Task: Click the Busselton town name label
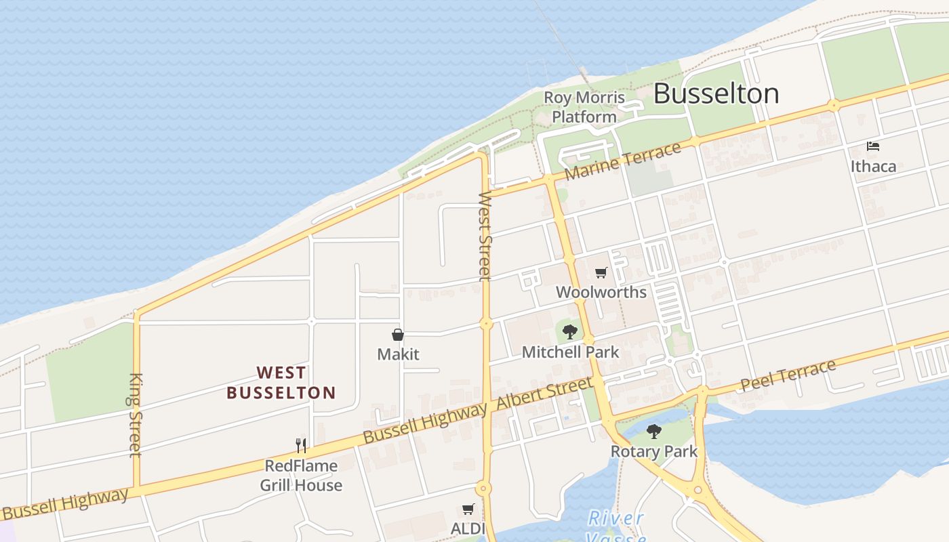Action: pos(716,93)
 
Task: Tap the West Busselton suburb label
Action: pos(281,383)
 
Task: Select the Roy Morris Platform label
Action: pos(584,107)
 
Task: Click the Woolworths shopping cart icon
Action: pos(601,273)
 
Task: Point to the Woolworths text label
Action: pos(601,292)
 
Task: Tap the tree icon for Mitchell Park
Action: pos(570,331)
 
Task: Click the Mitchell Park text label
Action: pos(570,352)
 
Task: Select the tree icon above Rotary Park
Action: pos(654,431)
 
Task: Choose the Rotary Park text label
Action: pos(654,451)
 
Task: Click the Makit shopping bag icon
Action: pos(398,335)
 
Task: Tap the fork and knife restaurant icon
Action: pos(301,445)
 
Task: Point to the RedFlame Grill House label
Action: pos(301,476)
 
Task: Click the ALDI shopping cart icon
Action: pos(468,509)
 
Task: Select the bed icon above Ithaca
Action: pos(873,146)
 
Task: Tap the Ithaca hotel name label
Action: pos(873,166)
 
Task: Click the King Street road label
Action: pos(136,415)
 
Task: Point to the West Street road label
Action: pos(484,236)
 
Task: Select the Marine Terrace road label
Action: pos(622,161)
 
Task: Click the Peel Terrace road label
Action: pos(788,375)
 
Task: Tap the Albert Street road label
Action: pos(544,394)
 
